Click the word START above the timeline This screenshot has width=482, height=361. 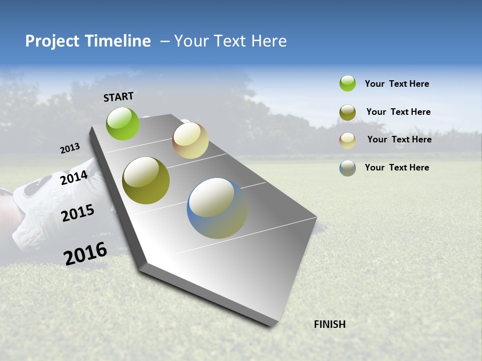(x=118, y=97)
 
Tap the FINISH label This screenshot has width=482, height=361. (x=329, y=324)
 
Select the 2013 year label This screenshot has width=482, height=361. (x=70, y=148)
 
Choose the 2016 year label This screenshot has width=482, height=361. (x=85, y=254)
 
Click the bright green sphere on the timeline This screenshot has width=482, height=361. (x=123, y=123)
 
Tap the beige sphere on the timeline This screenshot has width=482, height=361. (x=190, y=140)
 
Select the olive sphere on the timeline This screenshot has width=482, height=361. (x=146, y=180)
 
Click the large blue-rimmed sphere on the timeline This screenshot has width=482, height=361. (x=217, y=208)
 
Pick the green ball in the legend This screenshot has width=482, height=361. (x=347, y=83)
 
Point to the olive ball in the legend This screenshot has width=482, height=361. (x=347, y=112)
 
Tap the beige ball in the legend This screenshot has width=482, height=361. (x=347, y=140)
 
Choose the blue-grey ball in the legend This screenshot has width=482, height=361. (x=347, y=168)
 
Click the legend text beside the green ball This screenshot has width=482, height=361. (x=397, y=84)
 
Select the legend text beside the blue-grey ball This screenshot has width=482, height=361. (x=397, y=167)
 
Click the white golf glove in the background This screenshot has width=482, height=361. (x=35, y=211)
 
